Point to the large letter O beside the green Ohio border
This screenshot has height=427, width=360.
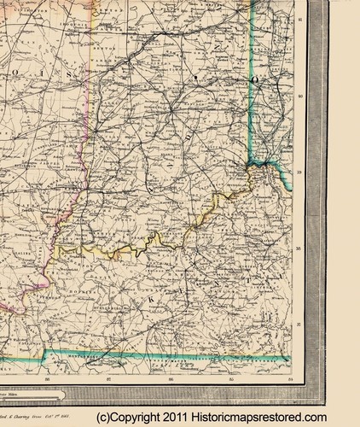tap(253, 79)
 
